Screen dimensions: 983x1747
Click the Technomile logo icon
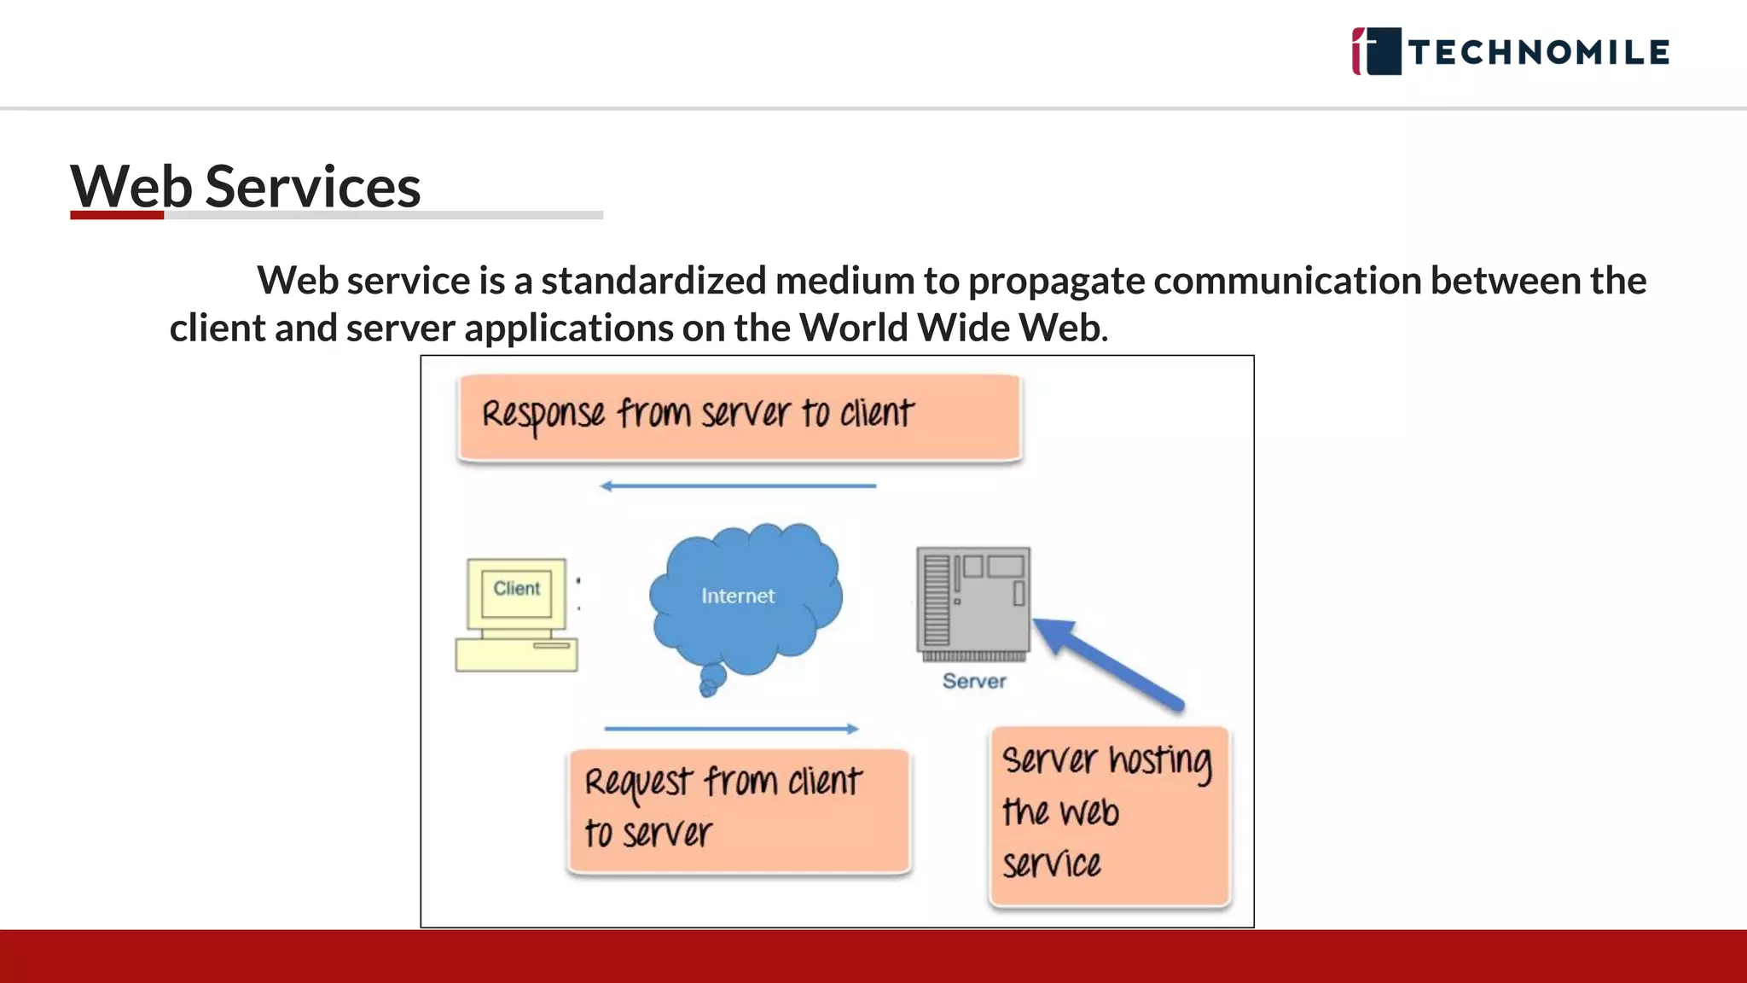[x=1376, y=51]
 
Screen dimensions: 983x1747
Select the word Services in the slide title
[x=313, y=186]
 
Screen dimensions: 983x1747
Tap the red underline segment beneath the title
[x=117, y=215]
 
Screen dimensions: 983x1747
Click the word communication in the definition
[x=1287, y=281]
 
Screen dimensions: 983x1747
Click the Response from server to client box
[x=739, y=417]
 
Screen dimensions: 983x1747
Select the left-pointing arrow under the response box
[x=738, y=486]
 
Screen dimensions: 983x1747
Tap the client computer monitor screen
[x=516, y=590]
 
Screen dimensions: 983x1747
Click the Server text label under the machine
[x=974, y=681]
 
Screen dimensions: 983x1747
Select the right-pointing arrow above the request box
[x=731, y=729]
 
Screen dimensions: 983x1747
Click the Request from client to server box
[x=739, y=810]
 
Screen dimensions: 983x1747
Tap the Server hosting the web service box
[x=1109, y=815]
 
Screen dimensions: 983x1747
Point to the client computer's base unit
[x=516, y=654]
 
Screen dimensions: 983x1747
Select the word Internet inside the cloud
[x=738, y=596]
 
